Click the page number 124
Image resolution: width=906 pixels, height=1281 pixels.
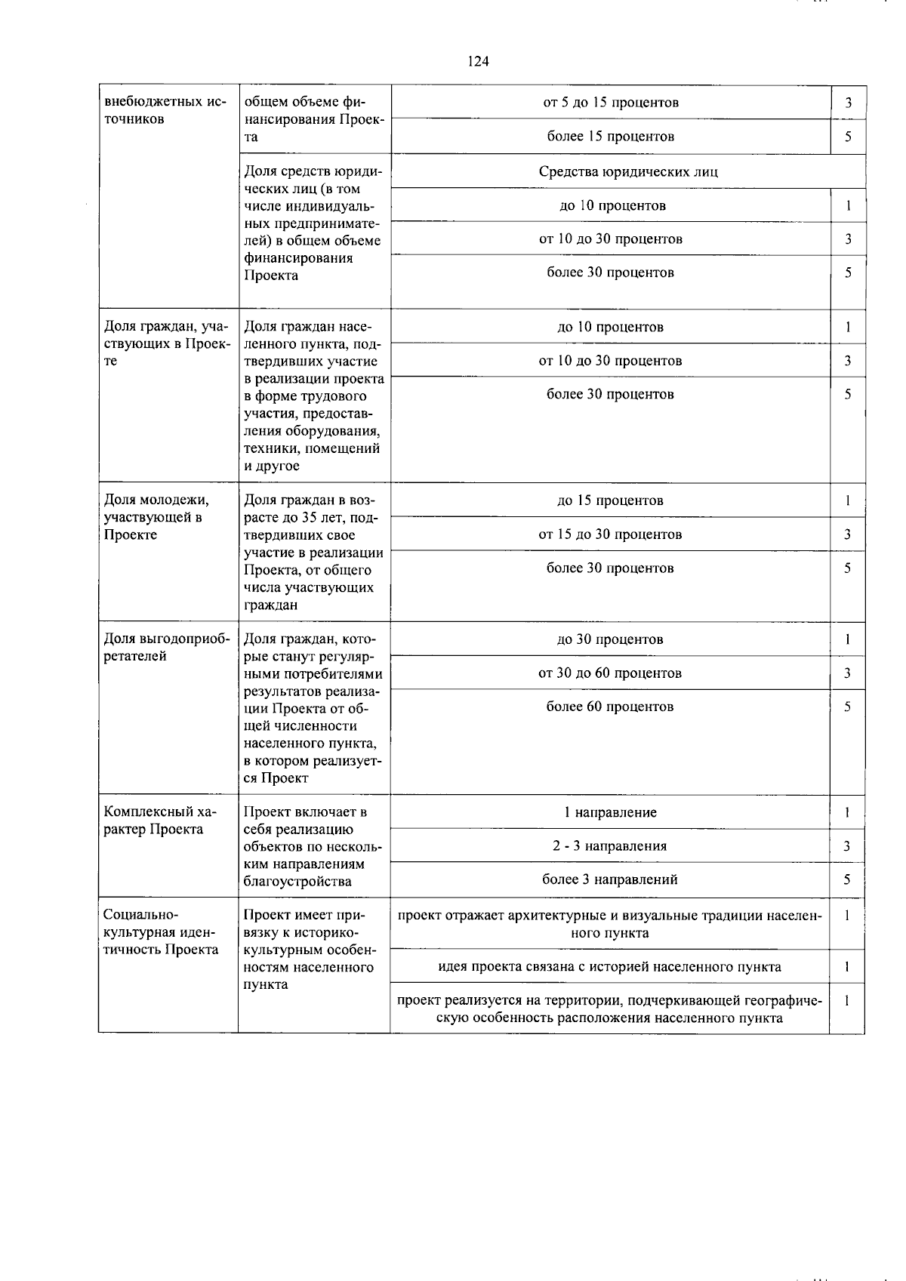[x=478, y=62]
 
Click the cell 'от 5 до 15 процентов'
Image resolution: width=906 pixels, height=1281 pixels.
[x=611, y=103]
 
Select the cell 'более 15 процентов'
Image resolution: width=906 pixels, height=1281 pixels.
[x=611, y=137]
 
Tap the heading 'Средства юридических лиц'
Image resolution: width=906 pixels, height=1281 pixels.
[x=628, y=171]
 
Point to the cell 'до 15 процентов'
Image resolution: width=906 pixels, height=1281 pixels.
[x=610, y=500]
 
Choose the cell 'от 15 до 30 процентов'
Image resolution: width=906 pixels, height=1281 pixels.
[x=610, y=534]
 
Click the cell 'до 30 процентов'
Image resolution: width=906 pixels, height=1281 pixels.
[x=610, y=639]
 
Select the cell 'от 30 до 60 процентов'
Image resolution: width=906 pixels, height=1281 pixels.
[x=610, y=673]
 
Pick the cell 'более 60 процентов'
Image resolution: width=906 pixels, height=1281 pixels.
[x=610, y=707]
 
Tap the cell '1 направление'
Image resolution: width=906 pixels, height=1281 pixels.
[x=610, y=812]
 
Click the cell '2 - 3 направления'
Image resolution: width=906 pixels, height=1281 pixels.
[x=610, y=845]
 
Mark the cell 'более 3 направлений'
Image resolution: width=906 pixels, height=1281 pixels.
[x=610, y=879]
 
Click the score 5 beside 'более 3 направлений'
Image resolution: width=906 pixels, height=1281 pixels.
[x=847, y=879]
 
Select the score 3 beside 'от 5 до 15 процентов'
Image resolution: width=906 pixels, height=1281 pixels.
[x=849, y=103]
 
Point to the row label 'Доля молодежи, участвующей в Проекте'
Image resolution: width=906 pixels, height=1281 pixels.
[x=157, y=517]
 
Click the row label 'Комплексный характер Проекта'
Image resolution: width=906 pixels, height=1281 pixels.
[x=159, y=821]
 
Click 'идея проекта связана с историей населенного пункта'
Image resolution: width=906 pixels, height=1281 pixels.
[x=610, y=966]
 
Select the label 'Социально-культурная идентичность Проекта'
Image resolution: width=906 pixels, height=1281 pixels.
[x=161, y=932]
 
